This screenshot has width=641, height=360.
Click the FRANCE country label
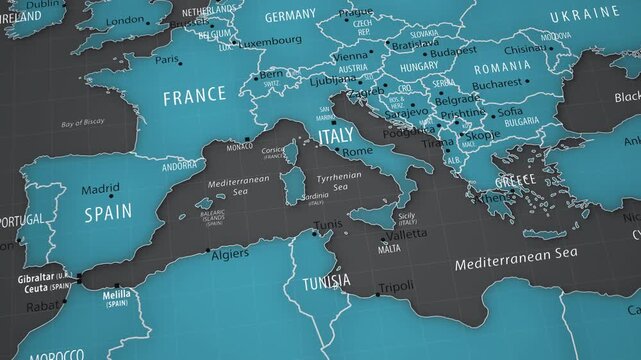click(x=194, y=97)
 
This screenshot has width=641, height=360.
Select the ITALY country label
click(x=335, y=134)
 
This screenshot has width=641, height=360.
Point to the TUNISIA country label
click(x=327, y=282)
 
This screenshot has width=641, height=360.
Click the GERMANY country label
click(x=290, y=16)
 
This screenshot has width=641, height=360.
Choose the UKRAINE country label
click(x=585, y=13)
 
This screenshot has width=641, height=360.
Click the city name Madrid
click(x=100, y=188)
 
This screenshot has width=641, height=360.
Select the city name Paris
click(x=167, y=59)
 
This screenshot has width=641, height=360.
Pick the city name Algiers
click(x=230, y=254)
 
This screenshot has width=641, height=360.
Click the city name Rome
click(x=357, y=151)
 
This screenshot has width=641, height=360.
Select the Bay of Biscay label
click(x=83, y=124)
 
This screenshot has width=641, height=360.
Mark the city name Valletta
click(x=406, y=234)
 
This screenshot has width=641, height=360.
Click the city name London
click(x=125, y=21)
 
